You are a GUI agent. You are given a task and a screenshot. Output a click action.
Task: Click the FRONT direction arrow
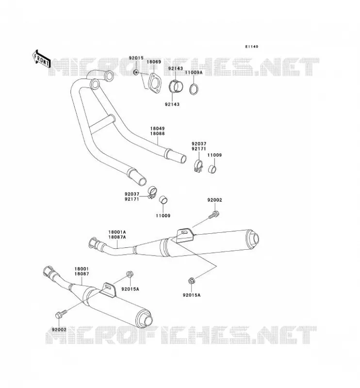point(41,59)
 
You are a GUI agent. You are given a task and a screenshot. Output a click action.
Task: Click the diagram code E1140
point(251,47)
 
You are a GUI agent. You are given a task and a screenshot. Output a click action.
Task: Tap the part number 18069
point(154,62)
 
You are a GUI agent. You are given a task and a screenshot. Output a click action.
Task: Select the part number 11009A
point(194,72)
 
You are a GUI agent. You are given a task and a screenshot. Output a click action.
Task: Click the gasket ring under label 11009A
point(194,89)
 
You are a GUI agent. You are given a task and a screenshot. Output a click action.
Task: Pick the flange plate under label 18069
point(154,83)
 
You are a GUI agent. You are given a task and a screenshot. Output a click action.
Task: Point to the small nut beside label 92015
point(136,72)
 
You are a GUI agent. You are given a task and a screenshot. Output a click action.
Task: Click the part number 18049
point(157,129)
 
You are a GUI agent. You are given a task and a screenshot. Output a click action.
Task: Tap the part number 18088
point(157,134)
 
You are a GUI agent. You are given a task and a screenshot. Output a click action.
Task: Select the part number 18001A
point(117,232)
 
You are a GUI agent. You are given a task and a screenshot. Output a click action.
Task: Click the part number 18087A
point(117,237)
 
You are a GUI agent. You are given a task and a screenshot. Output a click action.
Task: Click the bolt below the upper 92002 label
point(214,214)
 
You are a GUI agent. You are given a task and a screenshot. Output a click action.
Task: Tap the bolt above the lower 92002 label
point(61,314)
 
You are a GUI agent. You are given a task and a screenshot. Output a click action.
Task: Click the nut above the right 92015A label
point(191,281)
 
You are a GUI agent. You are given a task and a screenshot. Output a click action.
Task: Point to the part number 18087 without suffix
point(82,274)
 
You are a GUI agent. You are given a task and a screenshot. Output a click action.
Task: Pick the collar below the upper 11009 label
point(212,169)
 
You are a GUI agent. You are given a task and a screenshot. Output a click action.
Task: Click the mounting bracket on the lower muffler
point(109,290)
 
